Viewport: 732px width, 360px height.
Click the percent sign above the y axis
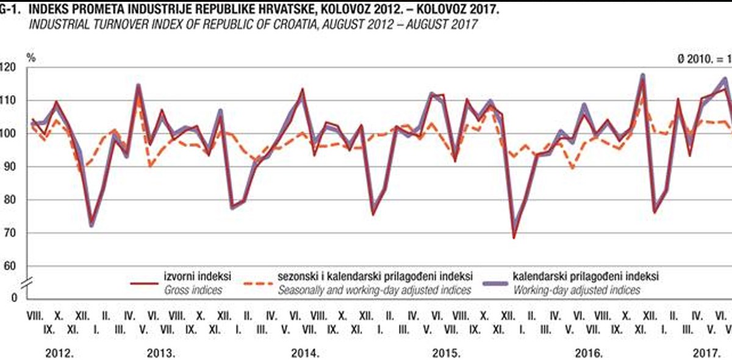pyautogui.click(x=31, y=57)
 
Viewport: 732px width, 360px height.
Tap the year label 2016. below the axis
pyautogui.click(x=589, y=353)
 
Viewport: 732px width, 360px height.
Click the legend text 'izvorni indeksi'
pyautogui.click(x=194, y=277)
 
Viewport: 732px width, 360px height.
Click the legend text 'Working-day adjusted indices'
pyautogui.click(x=576, y=290)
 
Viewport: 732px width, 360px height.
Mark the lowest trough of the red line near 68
pyautogui.click(x=514, y=237)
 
